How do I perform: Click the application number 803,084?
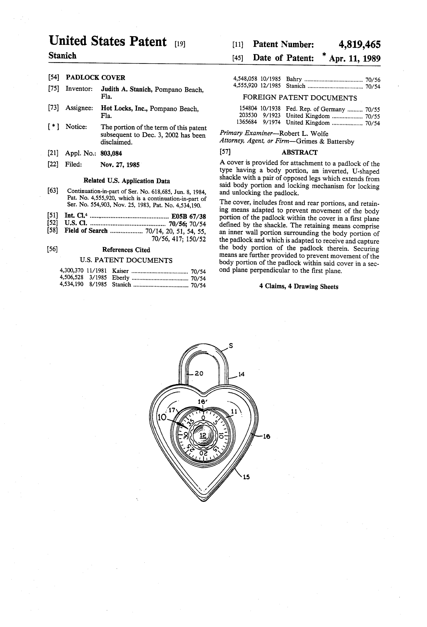tap(111, 154)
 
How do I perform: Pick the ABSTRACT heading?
tap(300, 152)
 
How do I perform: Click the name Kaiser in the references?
tap(120, 271)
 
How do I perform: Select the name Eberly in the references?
tap(121, 278)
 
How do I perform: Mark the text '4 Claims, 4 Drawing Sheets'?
tap(299, 287)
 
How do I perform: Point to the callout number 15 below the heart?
tap(246, 477)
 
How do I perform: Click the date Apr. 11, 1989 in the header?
tap(355, 58)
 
